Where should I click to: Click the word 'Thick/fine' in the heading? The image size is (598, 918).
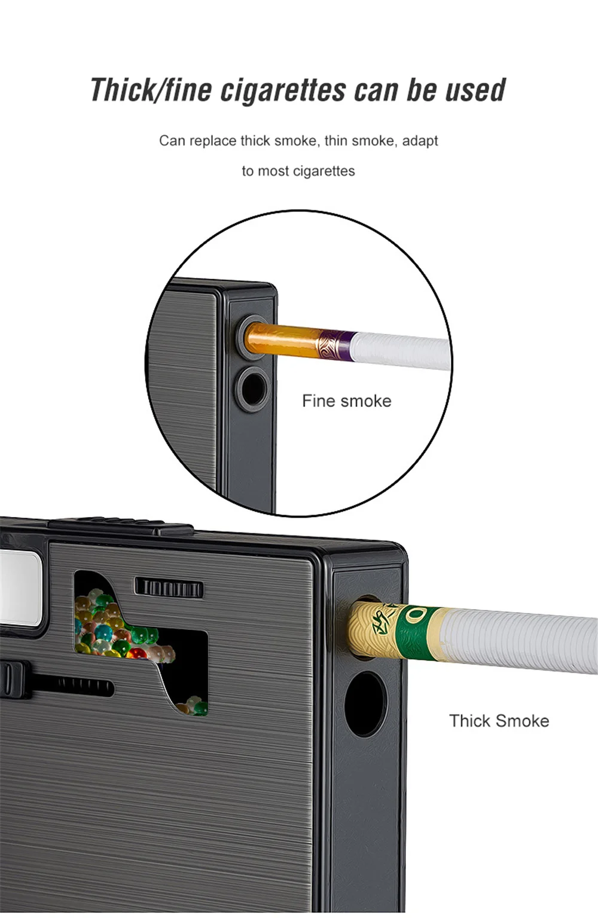tap(151, 90)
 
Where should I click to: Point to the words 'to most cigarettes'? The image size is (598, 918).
tap(298, 171)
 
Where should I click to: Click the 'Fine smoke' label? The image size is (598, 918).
tap(346, 400)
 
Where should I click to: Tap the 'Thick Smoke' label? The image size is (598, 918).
tap(499, 721)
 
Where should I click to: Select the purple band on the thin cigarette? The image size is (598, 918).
tap(344, 344)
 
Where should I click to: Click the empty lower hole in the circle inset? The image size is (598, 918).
tap(251, 388)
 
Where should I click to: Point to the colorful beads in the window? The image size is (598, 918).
tap(114, 628)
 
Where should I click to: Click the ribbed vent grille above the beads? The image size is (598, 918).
tap(169, 587)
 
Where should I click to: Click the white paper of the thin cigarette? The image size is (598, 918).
tap(401, 350)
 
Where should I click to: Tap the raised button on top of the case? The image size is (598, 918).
tap(120, 526)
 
